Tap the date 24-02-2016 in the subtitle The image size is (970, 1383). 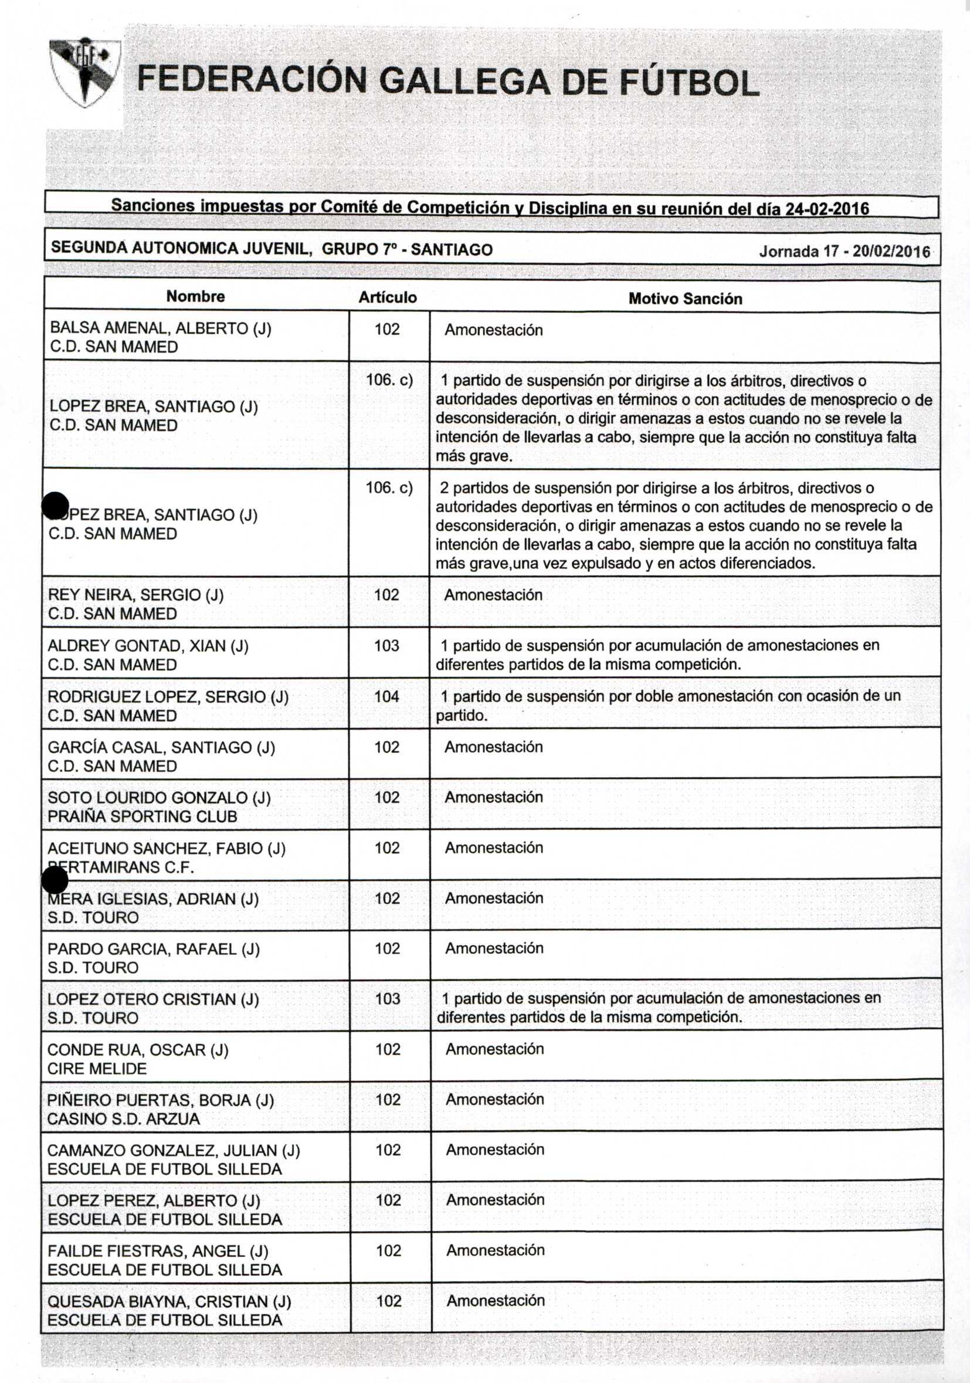[827, 209]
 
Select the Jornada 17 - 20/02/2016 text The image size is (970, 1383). [844, 251]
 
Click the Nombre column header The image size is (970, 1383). [196, 296]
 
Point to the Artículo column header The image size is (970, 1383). [388, 297]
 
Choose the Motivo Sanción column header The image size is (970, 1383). [685, 299]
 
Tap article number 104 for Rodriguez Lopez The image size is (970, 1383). [386, 696]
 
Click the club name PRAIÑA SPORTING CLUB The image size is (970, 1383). [143, 817]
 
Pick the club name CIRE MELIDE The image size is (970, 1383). [97, 1069]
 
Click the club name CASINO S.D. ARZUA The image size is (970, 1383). [123, 1119]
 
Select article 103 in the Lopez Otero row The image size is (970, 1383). [388, 999]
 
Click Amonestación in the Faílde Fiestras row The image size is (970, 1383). [496, 1250]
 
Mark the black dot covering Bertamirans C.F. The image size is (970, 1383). [55, 880]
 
